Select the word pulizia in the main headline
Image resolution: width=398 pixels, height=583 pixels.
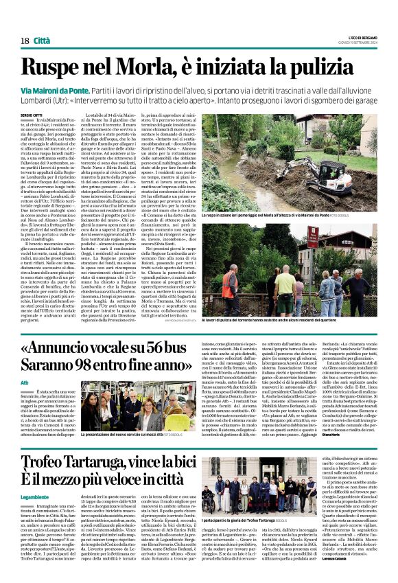pyautogui.click(x=333, y=67)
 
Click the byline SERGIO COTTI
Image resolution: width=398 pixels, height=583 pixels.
pyautogui.click(x=31, y=115)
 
